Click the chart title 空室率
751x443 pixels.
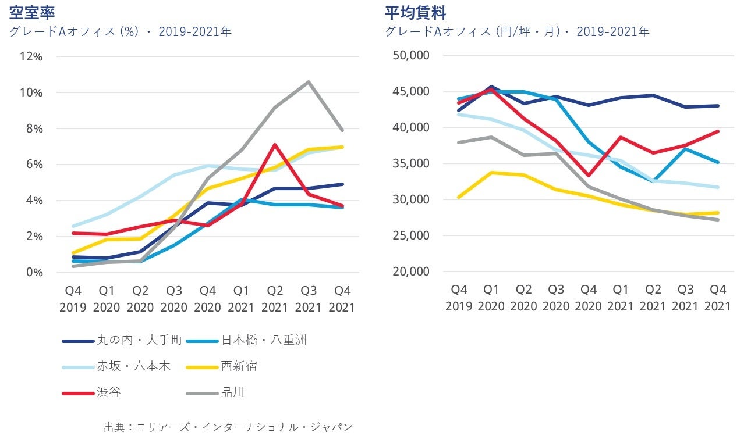coord(32,12)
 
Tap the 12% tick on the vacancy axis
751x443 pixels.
coord(31,56)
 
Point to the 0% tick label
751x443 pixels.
coord(34,272)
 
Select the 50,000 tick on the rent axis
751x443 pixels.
coord(411,55)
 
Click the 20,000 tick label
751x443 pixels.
coord(411,271)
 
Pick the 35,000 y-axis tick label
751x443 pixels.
coord(411,163)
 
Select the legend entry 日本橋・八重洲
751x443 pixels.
coord(263,341)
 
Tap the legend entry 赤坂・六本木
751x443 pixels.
coord(133,366)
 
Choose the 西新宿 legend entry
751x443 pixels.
coord(239,366)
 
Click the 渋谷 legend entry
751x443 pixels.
coord(109,392)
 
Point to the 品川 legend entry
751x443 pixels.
coord(232,392)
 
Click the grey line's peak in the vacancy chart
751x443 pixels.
coord(308,82)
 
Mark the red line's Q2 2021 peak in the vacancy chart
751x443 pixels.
coord(275,145)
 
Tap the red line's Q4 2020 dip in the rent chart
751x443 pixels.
coord(589,175)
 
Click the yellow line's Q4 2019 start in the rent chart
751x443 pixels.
coord(459,197)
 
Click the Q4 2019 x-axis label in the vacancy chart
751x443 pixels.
coord(73,298)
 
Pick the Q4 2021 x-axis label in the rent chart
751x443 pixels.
coord(717,298)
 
